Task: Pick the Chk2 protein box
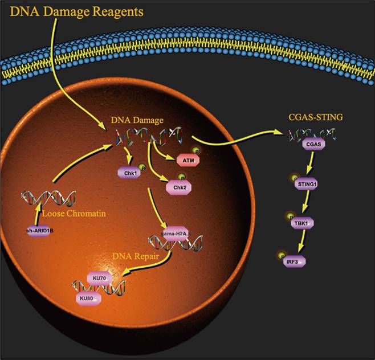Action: (x=177, y=187)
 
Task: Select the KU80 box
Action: (x=88, y=298)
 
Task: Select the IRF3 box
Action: (x=296, y=261)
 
